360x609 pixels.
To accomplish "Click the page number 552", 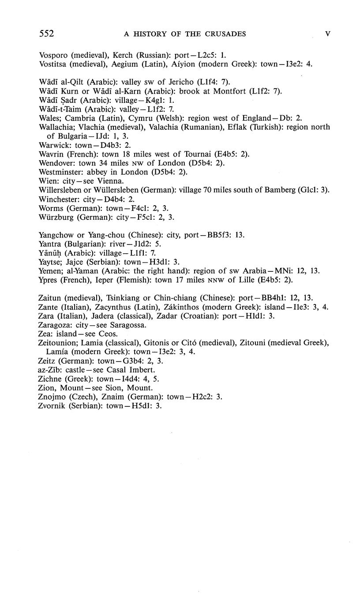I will tap(46, 34).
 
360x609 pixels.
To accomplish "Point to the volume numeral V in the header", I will tap(327, 34).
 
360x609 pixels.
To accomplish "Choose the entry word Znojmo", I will tap(50, 397).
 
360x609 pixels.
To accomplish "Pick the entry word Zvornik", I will tap(51, 406).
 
